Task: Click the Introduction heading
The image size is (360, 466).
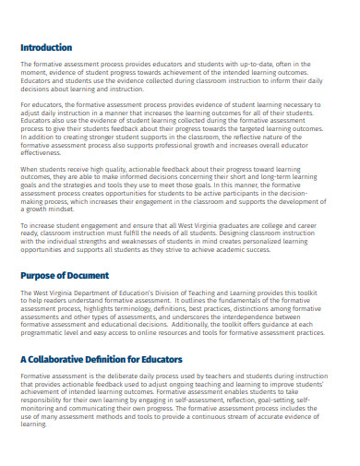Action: [45, 48]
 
